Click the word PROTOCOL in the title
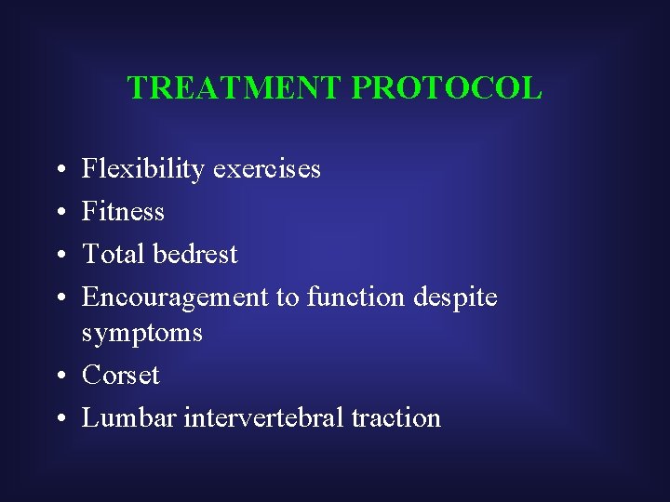coord(447,88)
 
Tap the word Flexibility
coord(143,169)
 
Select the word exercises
coord(266,169)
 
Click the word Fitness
coord(123,212)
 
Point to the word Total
coord(113,254)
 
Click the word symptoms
coord(141,333)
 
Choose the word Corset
coord(121,376)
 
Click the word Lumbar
coord(129,418)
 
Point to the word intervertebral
coord(263,418)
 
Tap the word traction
coord(395,418)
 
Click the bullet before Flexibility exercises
coord(59,171)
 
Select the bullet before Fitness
coord(59,213)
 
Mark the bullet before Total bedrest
coord(59,256)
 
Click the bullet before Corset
coord(59,376)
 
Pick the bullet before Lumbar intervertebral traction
coord(59,419)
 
